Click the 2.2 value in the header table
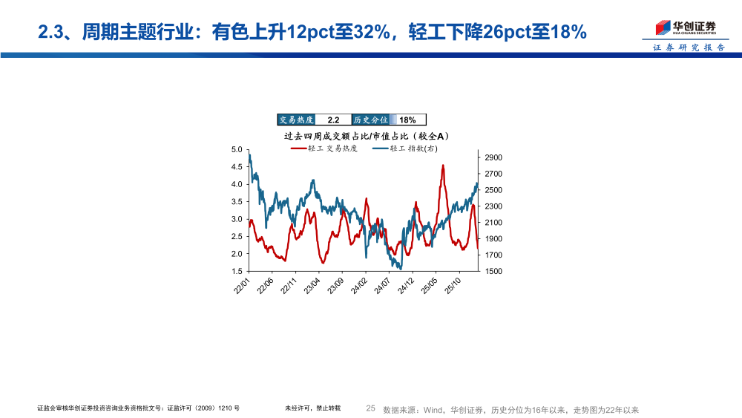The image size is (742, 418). (333, 120)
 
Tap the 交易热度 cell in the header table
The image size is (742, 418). (296, 120)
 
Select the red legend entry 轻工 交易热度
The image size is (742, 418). (326, 148)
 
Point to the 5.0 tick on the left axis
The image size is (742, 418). (237, 149)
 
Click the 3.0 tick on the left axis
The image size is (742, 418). (237, 219)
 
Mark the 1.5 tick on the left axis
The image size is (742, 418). (237, 272)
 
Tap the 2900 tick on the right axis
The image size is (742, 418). (494, 157)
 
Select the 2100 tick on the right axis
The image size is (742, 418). (494, 223)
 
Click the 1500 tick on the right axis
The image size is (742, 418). (494, 272)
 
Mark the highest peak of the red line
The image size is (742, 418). (443, 166)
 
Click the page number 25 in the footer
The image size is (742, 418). (371, 408)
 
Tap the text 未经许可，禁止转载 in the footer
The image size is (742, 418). (312, 408)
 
